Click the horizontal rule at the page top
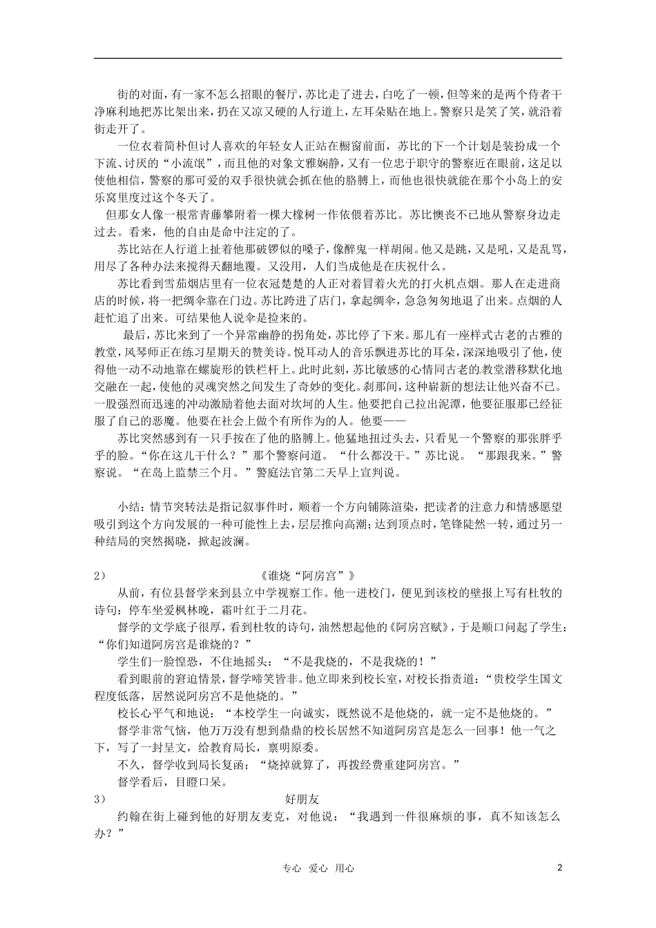pyautogui.click(x=328, y=58)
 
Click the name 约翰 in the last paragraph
pyautogui.click(x=128, y=816)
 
